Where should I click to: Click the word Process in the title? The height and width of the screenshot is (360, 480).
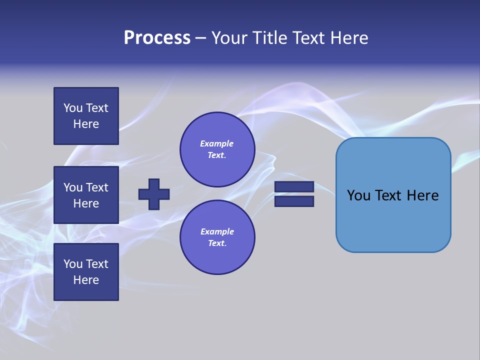pos(157,38)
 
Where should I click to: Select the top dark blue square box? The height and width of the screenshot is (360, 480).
pos(86,116)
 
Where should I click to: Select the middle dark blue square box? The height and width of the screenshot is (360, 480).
pos(86,195)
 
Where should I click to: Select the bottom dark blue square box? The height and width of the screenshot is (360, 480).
pos(86,271)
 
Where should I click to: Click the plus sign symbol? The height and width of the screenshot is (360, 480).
pos(154,194)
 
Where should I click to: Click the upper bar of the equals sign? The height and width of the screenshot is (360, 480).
pos(294,186)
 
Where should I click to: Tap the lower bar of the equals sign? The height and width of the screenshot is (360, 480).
pos(294,201)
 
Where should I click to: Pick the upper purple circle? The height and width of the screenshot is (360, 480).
pos(217,149)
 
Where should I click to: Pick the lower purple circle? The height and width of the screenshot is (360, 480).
pos(217,237)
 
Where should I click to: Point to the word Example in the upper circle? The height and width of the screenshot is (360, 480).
pos(217,143)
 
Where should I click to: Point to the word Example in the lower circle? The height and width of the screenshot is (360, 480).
pos(217,231)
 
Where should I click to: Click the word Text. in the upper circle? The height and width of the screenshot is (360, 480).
pos(217,155)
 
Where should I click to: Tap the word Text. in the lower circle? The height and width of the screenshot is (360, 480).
pos(217,243)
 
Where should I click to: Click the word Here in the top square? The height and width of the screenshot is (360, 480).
pos(86,124)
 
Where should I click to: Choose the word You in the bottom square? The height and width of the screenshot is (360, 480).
pos(72,263)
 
